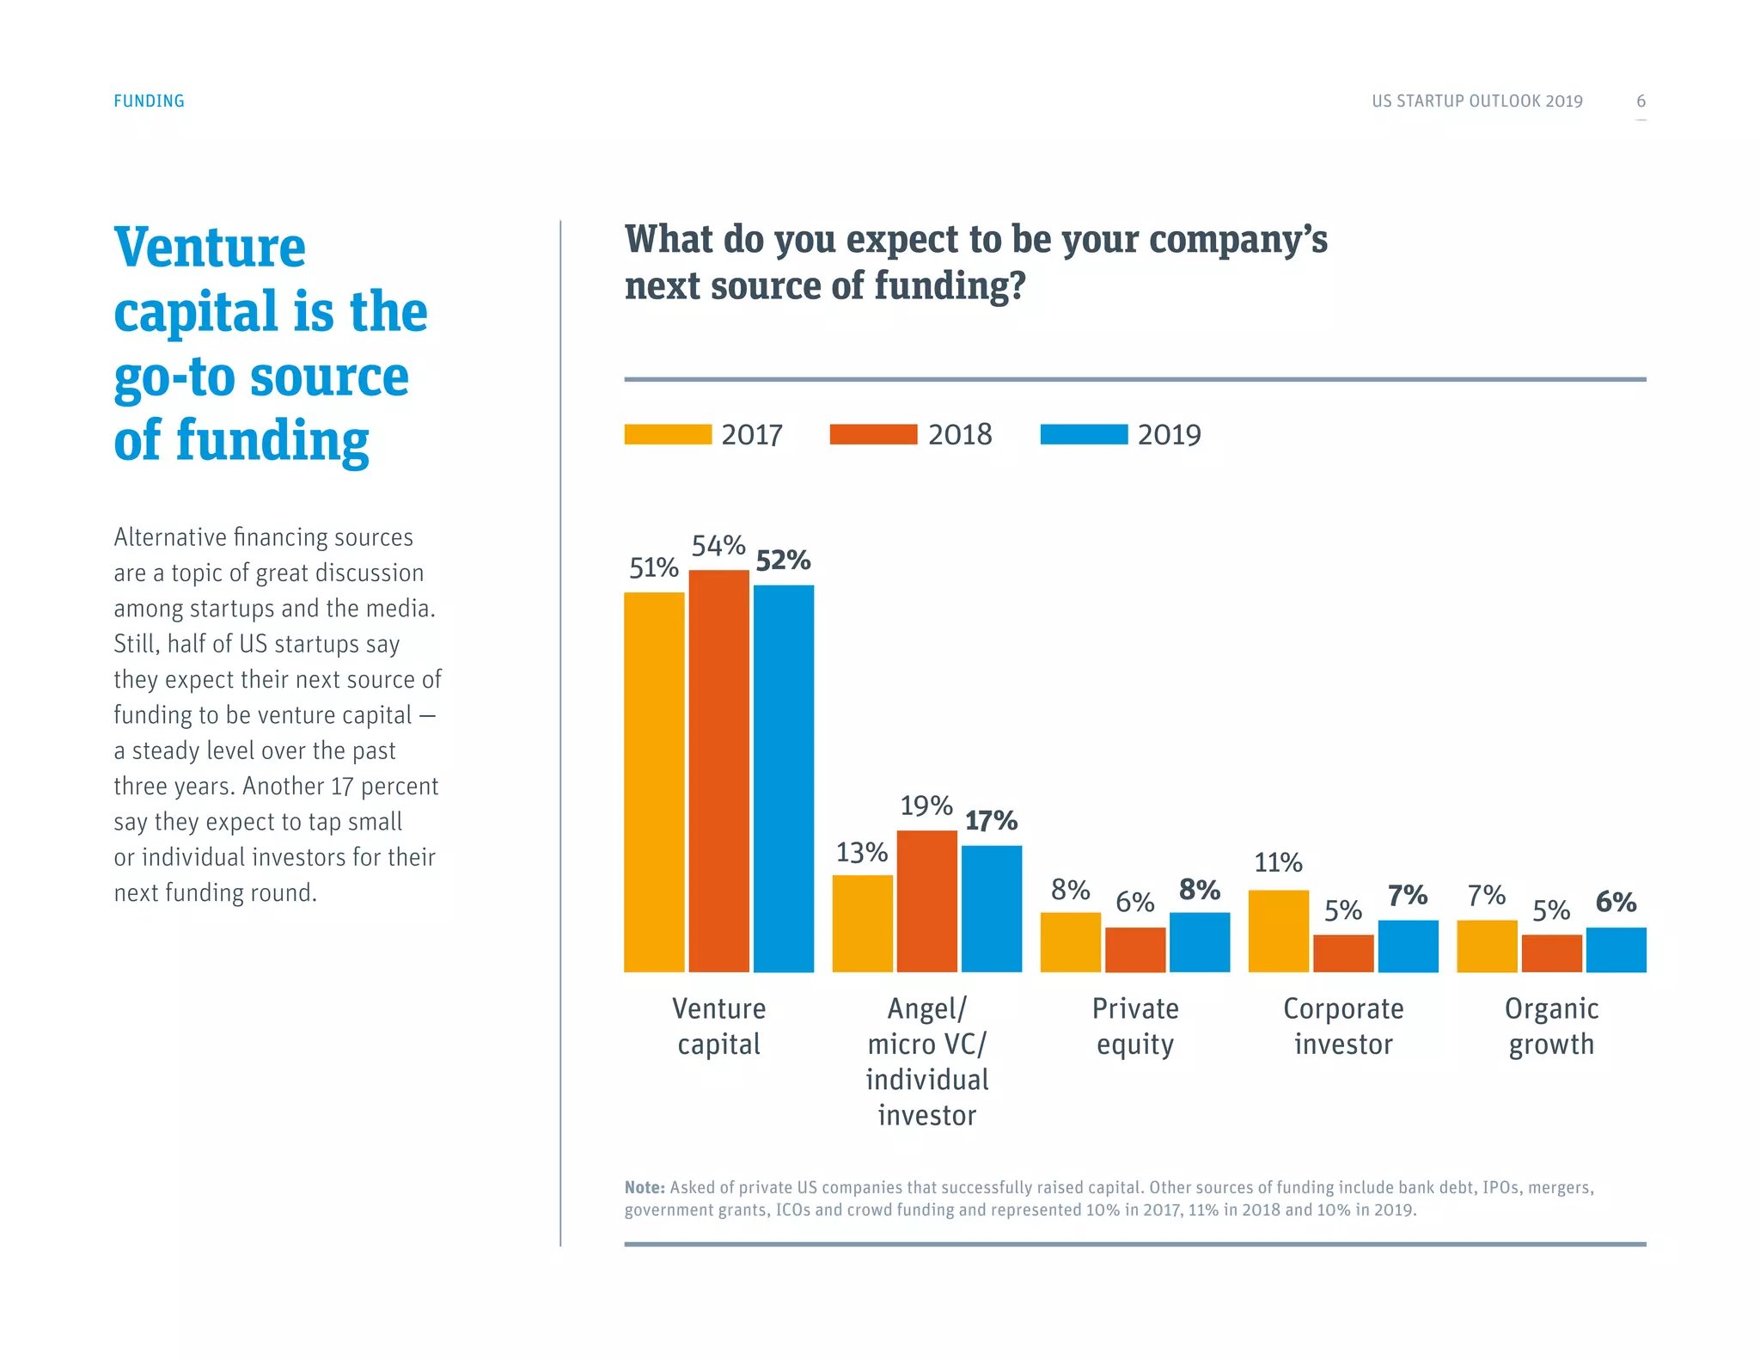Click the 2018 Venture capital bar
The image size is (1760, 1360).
(x=718, y=770)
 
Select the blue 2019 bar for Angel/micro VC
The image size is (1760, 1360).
(x=991, y=909)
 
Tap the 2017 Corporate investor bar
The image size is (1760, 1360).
(x=1278, y=931)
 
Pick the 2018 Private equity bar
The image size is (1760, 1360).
(x=1134, y=950)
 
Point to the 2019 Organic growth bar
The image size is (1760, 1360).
(x=1616, y=950)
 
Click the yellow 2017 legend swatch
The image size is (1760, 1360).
(x=668, y=434)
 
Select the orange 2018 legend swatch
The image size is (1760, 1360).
(x=873, y=434)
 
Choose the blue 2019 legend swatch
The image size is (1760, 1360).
(x=1084, y=434)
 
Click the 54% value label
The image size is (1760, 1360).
(x=718, y=545)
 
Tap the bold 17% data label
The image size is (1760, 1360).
(x=991, y=820)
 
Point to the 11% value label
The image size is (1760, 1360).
(x=1278, y=862)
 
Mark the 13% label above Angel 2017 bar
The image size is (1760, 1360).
(x=862, y=852)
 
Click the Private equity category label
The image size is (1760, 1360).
(x=1134, y=1026)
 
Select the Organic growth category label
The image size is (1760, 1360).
(x=1551, y=1026)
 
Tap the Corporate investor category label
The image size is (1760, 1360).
(x=1343, y=1026)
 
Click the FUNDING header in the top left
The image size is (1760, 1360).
(x=149, y=101)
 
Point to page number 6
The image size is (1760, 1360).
(x=1641, y=101)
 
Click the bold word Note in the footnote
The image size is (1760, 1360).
(x=645, y=1187)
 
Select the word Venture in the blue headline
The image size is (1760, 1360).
(x=210, y=248)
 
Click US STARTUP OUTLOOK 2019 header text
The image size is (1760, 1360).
(x=1476, y=101)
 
